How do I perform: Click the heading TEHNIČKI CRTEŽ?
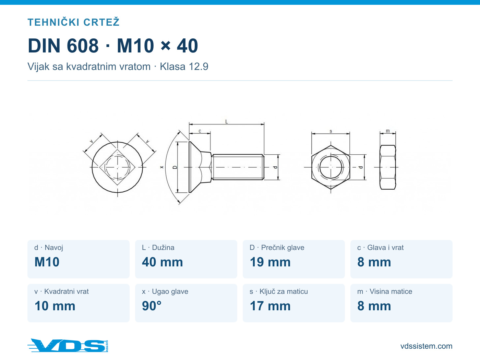click(x=73, y=22)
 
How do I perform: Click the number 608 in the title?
click(x=83, y=46)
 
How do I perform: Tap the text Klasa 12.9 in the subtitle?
click(x=184, y=67)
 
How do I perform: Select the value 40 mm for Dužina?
click(x=162, y=262)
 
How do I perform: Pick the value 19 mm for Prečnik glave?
click(x=270, y=262)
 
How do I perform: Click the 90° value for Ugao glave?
click(x=152, y=306)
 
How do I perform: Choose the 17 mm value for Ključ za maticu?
click(x=270, y=306)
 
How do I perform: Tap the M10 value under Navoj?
click(x=47, y=262)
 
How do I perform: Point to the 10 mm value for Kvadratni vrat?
click(x=55, y=306)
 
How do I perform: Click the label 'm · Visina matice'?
click(x=385, y=291)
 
